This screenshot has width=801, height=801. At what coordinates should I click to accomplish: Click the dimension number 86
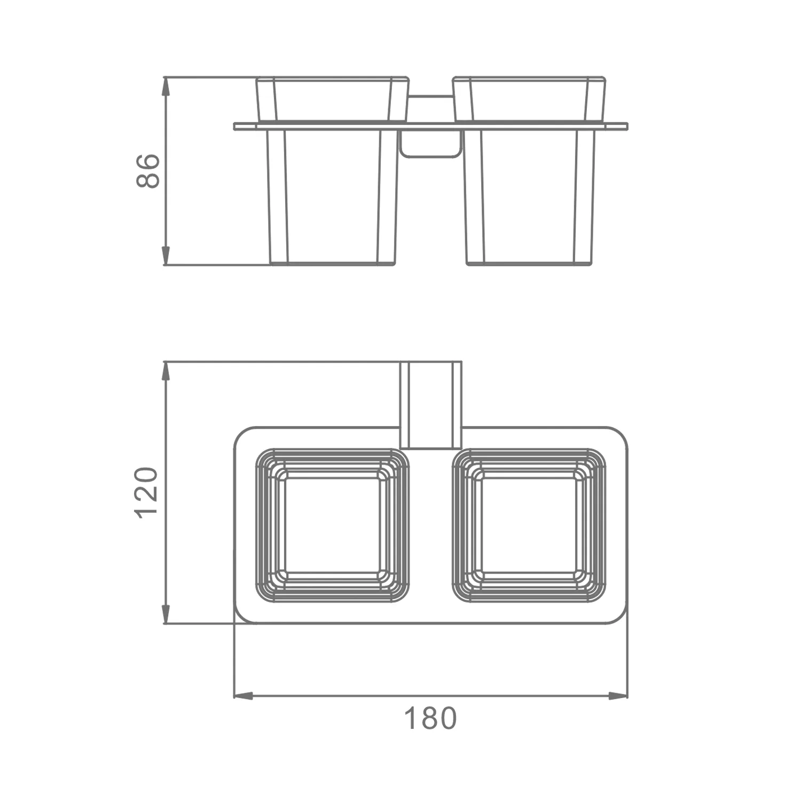[x=148, y=171]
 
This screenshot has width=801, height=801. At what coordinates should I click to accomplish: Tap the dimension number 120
[x=146, y=492]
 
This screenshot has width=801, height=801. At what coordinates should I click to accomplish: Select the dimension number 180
[x=430, y=718]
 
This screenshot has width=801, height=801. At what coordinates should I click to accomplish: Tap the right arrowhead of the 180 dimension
[x=618, y=696]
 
